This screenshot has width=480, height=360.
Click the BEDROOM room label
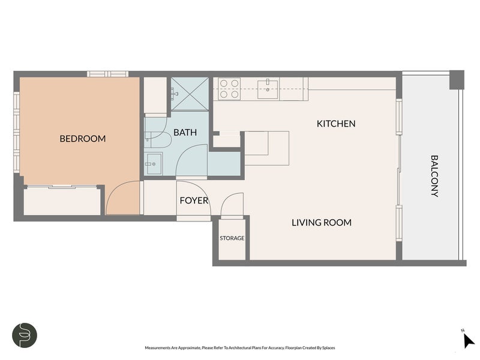[83, 139]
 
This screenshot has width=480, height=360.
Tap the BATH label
[185, 132]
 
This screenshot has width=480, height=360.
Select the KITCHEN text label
[336, 124]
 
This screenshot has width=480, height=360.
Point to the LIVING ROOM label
[322, 223]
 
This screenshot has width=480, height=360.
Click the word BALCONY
[434, 176]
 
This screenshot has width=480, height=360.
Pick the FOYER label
[194, 200]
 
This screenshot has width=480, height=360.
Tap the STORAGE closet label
[232, 238]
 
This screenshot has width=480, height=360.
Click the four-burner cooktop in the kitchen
[229, 88]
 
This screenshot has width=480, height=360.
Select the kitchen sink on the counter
[268, 89]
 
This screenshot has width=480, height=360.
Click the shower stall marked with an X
[190, 94]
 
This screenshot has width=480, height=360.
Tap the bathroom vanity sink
[154, 164]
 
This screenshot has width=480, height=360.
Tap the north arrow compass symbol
[468, 340]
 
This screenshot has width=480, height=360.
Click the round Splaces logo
[25, 335]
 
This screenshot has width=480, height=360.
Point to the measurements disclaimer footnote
[239, 348]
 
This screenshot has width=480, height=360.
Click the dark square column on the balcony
[457, 80]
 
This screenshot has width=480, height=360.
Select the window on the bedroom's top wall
[108, 74]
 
